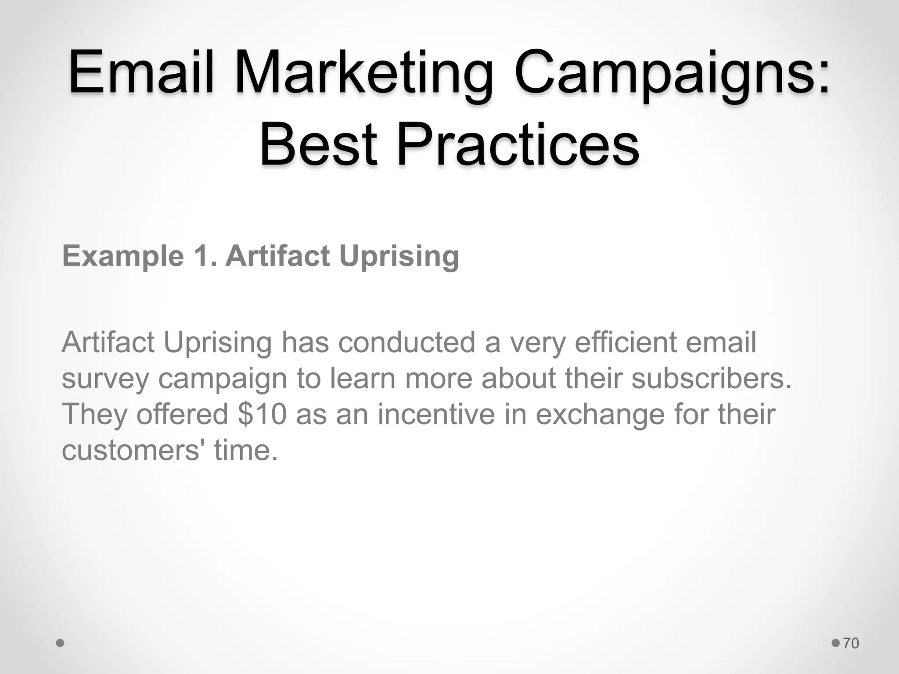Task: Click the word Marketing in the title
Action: pyautogui.click(x=364, y=72)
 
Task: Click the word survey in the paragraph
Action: pyautogui.click(x=105, y=379)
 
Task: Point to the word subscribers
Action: pyautogui.click(x=711, y=378)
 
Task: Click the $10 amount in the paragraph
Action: pyautogui.click(x=262, y=414)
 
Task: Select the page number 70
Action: pyautogui.click(x=851, y=643)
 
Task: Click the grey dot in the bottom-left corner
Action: pyautogui.click(x=61, y=643)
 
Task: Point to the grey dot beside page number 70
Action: pyautogui.click(x=836, y=643)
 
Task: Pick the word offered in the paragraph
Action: pyautogui.click(x=182, y=414)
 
